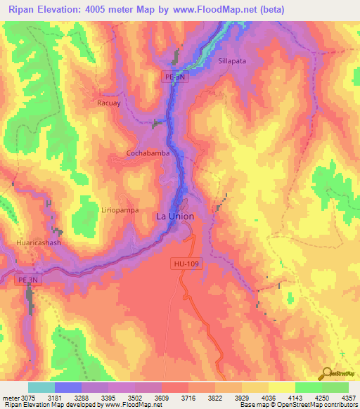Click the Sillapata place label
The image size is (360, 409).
[x=233, y=61]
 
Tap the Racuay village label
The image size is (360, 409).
[x=109, y=102]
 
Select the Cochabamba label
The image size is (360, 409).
[x=148, y=152]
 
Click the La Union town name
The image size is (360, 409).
[x=174, y=217]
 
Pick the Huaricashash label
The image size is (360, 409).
[x=39, y=242]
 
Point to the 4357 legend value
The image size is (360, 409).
[x=348, y=398]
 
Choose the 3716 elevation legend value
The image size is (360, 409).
[x=188, y=398]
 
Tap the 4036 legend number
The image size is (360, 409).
[x=268, y=398]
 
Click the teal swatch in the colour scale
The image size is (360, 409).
[x=41, y=387]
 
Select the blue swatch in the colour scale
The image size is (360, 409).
[x=68, y=387]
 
